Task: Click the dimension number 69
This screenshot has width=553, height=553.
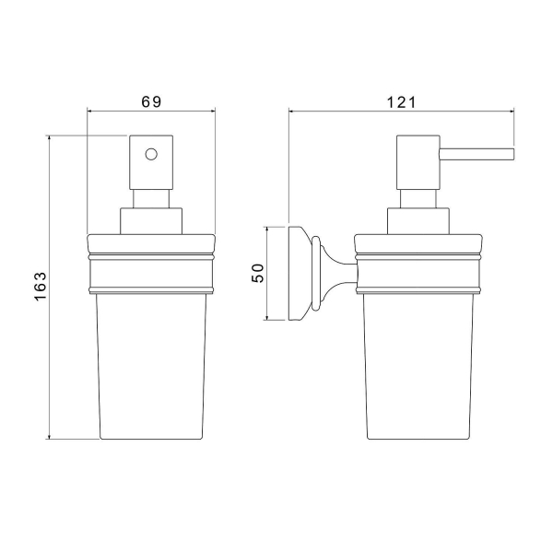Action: [x=151, y=102]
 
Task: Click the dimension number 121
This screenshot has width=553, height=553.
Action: [x=401, y=102]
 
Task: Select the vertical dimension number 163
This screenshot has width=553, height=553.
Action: [x=41, y=286]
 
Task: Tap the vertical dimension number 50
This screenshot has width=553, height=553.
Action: [x=258, y=273]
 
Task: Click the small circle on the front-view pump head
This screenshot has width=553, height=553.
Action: [x=151, y=154]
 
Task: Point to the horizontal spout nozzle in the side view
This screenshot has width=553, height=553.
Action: [x=477, y=154]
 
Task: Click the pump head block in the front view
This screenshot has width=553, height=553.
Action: [x=151, y=162]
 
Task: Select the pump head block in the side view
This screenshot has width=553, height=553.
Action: [x=418, y=162]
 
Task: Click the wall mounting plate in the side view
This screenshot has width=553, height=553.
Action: [x=295, y=274]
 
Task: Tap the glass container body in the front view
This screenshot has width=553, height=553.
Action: [x=151, y=366]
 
